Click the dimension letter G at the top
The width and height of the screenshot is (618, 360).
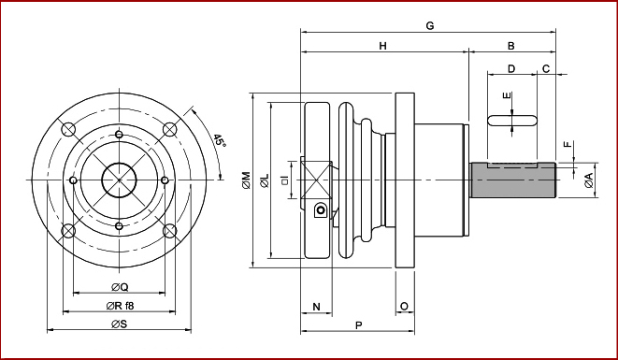pyautogui.click(x=430, y=26)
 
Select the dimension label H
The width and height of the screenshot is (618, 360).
pyautogui.click(x=382, y=46)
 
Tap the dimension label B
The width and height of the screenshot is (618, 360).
pyautogui.click(x=511, y=46)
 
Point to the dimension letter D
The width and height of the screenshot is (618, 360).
pyautogui.click(x=511, y=69)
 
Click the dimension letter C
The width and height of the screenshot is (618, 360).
pyautogui.click(x=546, y=69)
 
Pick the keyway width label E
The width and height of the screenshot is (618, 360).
pyautogui.click(x=508, y=95)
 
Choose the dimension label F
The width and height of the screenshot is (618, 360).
pyautogui.click(x=568, y=144)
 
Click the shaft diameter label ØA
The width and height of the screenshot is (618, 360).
pyautogui.click(x=589, y=180)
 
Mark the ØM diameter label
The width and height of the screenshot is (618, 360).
pyautogui.click(x=246, y=180)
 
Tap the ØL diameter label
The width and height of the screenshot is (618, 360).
pyautogui.click(x=265, y=180)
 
